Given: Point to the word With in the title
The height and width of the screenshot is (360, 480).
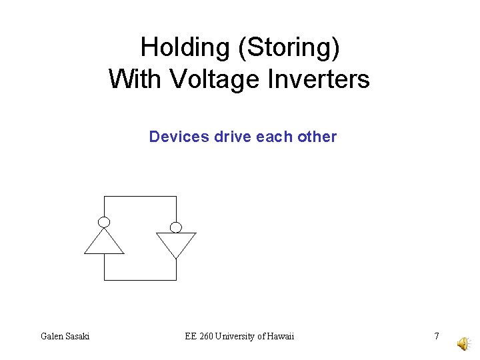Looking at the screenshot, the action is pos(135,79).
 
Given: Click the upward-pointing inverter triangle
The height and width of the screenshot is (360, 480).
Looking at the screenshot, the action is pos(104,243).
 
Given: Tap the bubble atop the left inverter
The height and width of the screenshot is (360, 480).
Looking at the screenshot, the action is pos(104,222).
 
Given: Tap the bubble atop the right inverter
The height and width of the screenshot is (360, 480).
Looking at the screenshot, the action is pos(176,227).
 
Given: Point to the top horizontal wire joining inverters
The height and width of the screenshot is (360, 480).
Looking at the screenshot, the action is pos(140,197).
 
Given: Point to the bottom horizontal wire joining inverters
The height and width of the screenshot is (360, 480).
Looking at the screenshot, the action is pos(140,280).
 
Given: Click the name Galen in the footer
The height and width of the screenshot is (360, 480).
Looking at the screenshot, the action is pos(52,336).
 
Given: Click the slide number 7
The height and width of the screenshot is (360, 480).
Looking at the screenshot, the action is pos(437,336).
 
